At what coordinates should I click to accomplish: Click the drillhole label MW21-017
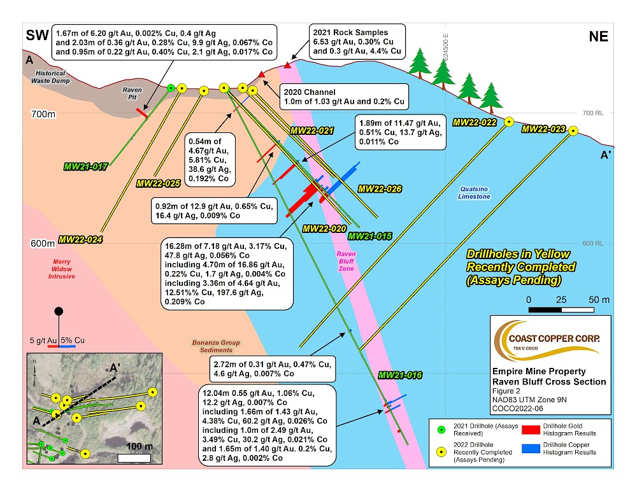(x=85, y=167)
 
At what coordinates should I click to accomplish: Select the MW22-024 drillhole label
(x=80, y=240)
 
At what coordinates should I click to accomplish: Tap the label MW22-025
(x=159, y=183)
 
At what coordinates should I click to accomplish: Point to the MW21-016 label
(x=401, y=375)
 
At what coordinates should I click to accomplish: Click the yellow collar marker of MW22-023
(x=573, y=131)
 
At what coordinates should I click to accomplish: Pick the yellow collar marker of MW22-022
(x=509, y=122)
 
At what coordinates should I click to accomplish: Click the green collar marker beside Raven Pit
(x=171, y=88)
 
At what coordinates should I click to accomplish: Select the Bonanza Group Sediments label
(x=213, y=346)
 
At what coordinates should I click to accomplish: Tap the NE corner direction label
(x=598, y=37)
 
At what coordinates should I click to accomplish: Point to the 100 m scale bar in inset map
(x=134, y=457)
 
